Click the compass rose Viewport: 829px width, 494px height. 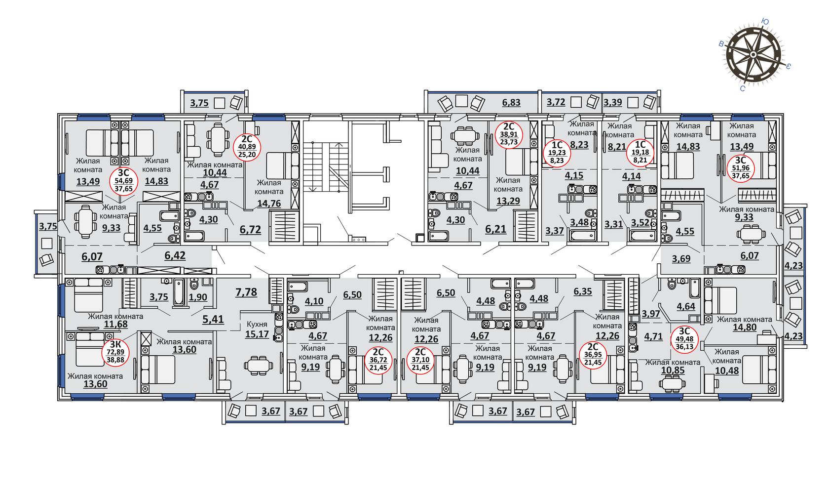click(753, 55)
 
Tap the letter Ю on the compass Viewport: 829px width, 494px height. click(765, 22)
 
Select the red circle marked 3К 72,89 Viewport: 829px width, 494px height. click(115, 352)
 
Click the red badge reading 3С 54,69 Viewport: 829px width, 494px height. click(123, 181)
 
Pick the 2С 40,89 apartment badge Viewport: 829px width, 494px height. click(247, 147)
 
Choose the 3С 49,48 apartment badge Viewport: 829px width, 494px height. click(684, 339)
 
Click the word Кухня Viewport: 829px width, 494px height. click(257, 324)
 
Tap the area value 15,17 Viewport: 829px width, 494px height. click(257, 334)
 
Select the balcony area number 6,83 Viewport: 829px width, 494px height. click(511, 102)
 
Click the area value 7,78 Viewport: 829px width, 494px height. click(246, 292)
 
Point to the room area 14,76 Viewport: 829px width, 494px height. click(269, 203)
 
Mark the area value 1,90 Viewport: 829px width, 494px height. click(198, 297)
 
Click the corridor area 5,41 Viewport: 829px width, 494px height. click(213, 319)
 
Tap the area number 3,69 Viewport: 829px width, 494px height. click(681, 258)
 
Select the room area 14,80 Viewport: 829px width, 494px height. click(745, 327)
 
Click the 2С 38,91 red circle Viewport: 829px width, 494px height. click(509, 135)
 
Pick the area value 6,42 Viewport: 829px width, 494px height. click(175, 255)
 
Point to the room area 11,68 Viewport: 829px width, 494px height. click(115, 324)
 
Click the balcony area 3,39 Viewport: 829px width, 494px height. click(612, 102)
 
